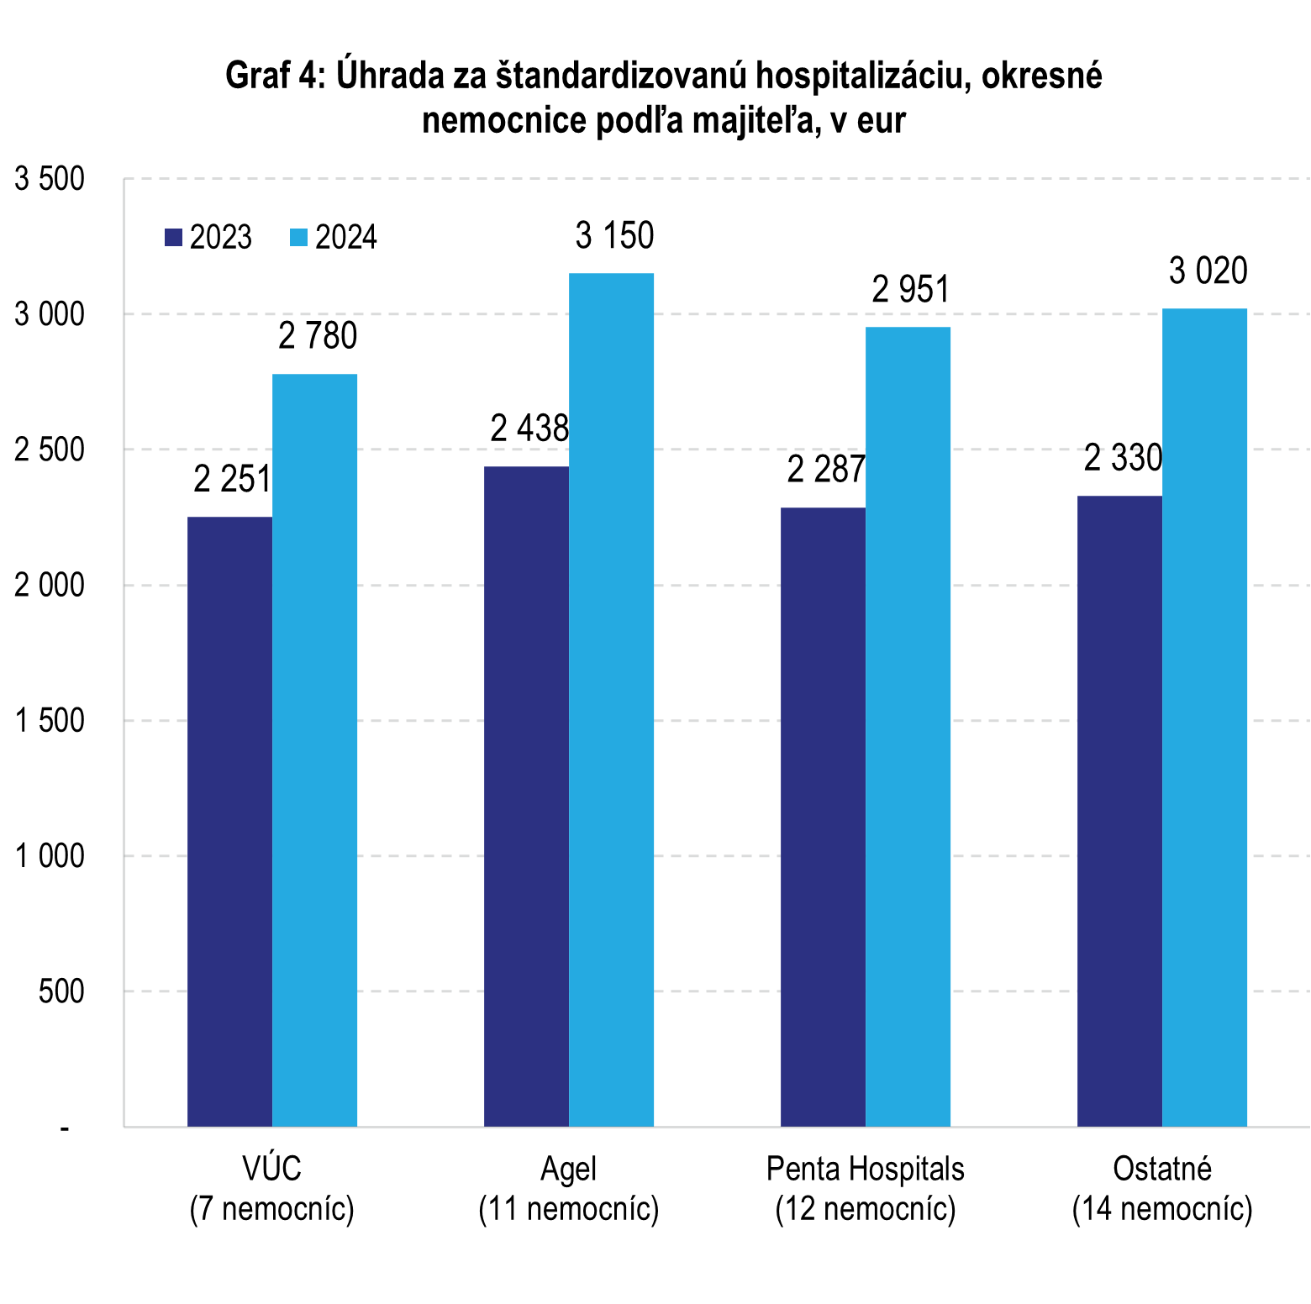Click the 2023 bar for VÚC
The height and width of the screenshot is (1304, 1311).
tap(229, 821)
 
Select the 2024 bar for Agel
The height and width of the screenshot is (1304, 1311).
tap(611, 699)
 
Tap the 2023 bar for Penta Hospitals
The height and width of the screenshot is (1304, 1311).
tap(823, 817)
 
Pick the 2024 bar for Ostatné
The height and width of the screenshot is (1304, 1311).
tap(1204, 717)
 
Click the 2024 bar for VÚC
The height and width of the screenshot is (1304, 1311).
tap(314, 749)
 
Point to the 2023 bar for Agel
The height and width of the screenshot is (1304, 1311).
tap(526, 796)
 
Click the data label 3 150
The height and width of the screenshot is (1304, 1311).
tap(614, 236)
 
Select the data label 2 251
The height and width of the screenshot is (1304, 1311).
tap(232, 480)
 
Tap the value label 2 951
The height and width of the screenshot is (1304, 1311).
tap(910, 291)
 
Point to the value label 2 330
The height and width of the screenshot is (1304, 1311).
tap(1123, 459)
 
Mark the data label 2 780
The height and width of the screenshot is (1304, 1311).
tap(318, 337)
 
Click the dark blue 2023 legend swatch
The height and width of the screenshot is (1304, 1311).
tap(174, 238)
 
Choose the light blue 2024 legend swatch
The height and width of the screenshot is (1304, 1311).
tap(298, 238)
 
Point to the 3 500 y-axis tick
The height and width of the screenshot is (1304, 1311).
tap(50, 179)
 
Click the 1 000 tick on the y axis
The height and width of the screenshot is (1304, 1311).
tap(50, 856)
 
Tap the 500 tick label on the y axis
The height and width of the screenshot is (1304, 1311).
tap(61, 991)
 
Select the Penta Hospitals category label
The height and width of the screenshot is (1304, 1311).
tap(865, 1170)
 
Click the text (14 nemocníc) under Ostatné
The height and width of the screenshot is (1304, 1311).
tap(1162, 1209)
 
